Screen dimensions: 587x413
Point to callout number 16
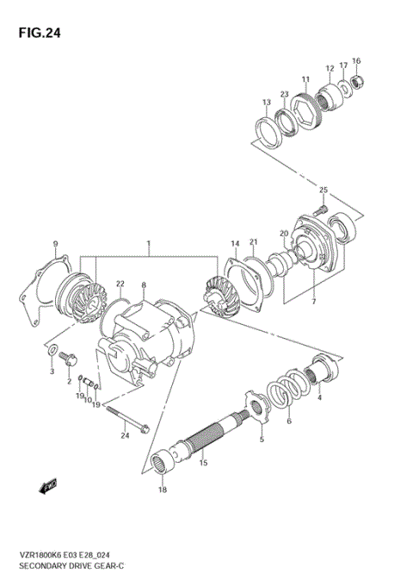(x=356, y=60)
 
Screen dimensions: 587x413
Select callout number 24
(x=124, y=435)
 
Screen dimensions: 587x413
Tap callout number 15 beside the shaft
(x=203, y=463)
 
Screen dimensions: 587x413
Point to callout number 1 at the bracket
(x=148, y=245)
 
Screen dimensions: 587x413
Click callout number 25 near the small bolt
(x=324, y=190)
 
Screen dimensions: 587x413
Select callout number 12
(x=330, y=68)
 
